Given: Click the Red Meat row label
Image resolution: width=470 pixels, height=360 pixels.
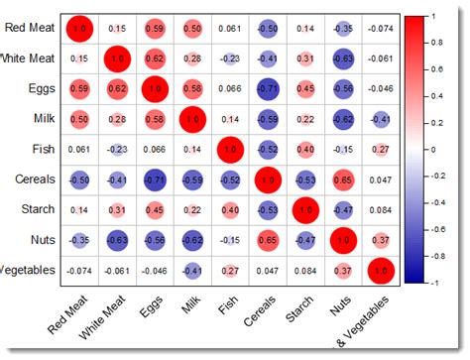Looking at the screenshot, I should point(30,28).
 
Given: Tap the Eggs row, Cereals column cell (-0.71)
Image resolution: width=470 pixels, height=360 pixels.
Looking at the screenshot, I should point(266,88).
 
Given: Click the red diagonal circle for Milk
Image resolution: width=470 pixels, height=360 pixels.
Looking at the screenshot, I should point(191,119).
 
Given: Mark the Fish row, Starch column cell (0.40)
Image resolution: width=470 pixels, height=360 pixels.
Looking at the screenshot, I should point(304,150).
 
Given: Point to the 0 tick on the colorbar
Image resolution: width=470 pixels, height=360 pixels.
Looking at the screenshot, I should point(436,150).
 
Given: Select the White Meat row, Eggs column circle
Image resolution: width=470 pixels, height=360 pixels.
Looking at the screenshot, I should point(154,59).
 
